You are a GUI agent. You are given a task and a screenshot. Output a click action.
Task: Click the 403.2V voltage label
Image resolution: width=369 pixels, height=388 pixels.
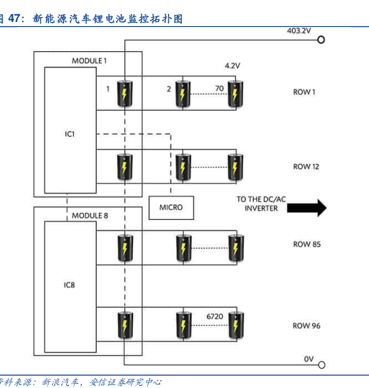[x=299, y=31]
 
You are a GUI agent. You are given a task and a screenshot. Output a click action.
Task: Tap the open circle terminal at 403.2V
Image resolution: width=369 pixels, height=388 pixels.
[x=321, y=40]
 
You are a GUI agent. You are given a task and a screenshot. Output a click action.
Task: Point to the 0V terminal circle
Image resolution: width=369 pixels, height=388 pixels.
[x=321, y=365]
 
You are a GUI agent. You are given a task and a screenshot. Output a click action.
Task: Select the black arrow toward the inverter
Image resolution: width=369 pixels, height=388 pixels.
[x=306, y=208]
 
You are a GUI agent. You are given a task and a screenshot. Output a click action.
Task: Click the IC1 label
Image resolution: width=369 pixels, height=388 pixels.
[x=70, y=134]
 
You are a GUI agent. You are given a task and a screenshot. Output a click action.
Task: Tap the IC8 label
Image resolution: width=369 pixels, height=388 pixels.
[x=69, y=285]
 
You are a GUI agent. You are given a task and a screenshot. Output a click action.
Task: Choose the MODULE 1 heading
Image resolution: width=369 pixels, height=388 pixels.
[x=90, y=61]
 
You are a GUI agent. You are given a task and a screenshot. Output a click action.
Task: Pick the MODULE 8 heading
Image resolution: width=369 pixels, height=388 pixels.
[x=90, y=216]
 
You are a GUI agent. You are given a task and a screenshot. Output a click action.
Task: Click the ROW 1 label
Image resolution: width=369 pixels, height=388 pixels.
[x=304, y=92]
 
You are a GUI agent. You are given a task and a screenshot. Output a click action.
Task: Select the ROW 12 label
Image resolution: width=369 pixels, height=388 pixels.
[x=306, y=167]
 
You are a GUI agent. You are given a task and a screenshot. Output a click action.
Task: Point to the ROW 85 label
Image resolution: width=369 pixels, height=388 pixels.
[x=306, y=244]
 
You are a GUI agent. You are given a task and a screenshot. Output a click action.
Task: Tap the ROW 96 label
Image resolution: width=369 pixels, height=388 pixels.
[x=306, y=326]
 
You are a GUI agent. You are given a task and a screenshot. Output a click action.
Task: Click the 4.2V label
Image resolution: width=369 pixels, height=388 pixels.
[x=232, y=66]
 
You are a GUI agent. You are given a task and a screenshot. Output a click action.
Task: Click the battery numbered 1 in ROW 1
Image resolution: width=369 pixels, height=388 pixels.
[x=124, y=94]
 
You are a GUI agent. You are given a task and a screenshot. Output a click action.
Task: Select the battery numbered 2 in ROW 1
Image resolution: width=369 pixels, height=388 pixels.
[x=183, y=94]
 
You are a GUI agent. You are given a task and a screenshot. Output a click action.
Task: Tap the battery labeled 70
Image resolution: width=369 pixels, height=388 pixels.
[x=235, y=94]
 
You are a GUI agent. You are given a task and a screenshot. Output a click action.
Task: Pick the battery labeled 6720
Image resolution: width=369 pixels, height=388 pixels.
[x=236, y=325]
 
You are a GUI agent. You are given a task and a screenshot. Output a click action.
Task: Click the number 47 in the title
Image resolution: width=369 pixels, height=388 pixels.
[x=14, y=18]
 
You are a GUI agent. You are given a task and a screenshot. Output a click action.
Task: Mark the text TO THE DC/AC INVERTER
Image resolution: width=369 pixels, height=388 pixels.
[x=261, y=204]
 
